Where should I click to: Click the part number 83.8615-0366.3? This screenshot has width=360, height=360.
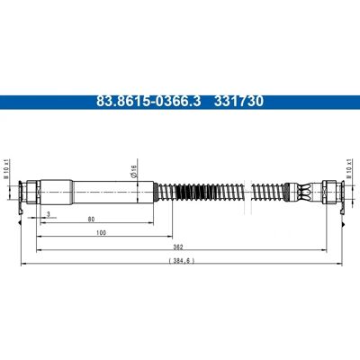click(148, 102)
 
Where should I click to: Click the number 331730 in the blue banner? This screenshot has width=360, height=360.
click(238, 102)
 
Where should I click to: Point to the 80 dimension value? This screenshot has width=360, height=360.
click(91, 220)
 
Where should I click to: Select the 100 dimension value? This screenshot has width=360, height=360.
click(102, 232)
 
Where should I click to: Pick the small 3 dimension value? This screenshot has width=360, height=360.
click(48, 214)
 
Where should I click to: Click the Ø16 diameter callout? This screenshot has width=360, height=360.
click(134, 171)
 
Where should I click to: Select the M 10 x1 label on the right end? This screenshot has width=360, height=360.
click(349, 168)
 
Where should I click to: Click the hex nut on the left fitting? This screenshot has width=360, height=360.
click(31, 192)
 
